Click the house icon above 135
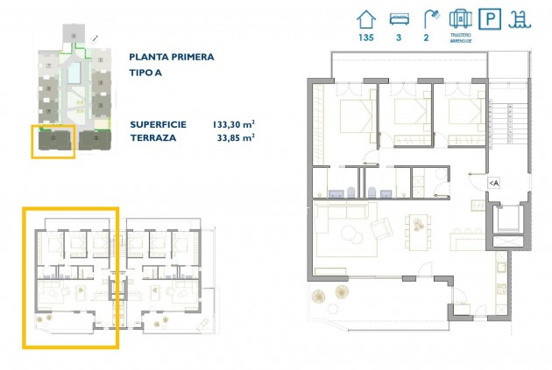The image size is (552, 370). point(367,19)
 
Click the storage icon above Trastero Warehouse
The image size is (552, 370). point(460,18)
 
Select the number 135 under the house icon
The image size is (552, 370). point(367,38)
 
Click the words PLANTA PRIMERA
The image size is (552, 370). point(171,57)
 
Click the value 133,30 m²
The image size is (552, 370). point(233,124)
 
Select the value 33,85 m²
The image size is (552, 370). point(236,137)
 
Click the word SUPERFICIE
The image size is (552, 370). point(159,124)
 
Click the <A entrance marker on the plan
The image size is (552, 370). point(493,182)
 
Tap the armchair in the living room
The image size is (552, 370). point(383,227)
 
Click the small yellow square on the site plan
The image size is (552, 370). point(53,142)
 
